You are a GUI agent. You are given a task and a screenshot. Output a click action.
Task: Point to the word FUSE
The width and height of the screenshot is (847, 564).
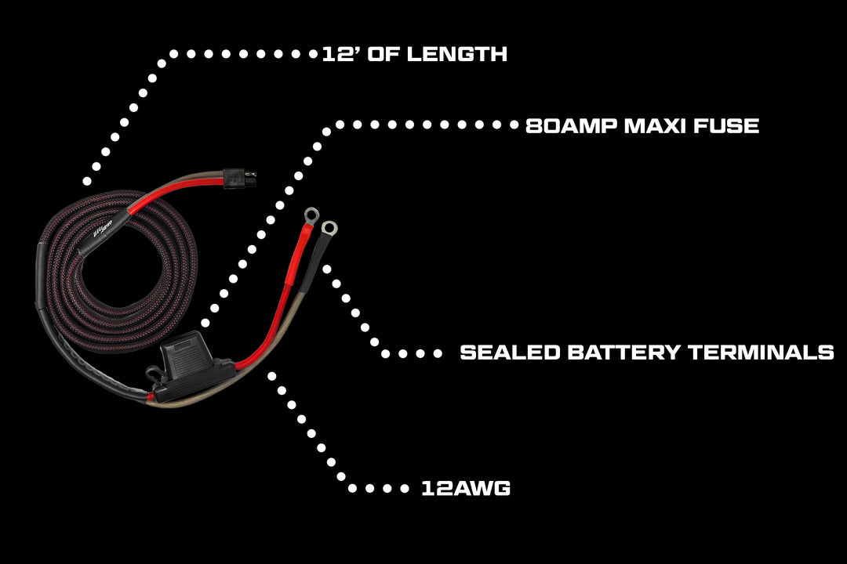pyautogui.click(x=729, y=125)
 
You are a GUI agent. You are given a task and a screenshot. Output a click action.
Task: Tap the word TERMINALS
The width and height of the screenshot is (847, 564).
pyautogui.click(x=761, y=352)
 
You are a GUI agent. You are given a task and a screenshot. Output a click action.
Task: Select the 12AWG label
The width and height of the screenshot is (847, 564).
pyautogui.click(x=466, y=489)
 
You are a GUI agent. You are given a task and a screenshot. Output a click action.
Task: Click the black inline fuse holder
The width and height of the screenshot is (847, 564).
pyautogui.click(x=192, y=366)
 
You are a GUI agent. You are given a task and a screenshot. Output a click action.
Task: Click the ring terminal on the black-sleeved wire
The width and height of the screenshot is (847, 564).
pyautogui.click(x=329, y=229)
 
